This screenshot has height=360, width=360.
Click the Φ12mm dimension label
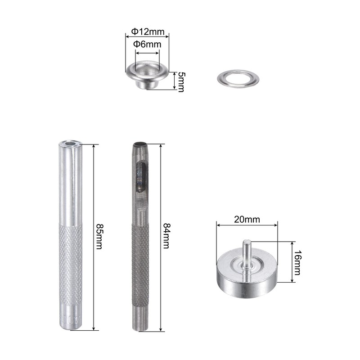148,31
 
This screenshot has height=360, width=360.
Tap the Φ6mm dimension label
147,44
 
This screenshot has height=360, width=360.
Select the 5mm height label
181,82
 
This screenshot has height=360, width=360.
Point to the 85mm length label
99,237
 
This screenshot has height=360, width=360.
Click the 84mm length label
166,236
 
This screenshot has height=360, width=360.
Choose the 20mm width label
247,220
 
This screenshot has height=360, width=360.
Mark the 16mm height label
297,262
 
